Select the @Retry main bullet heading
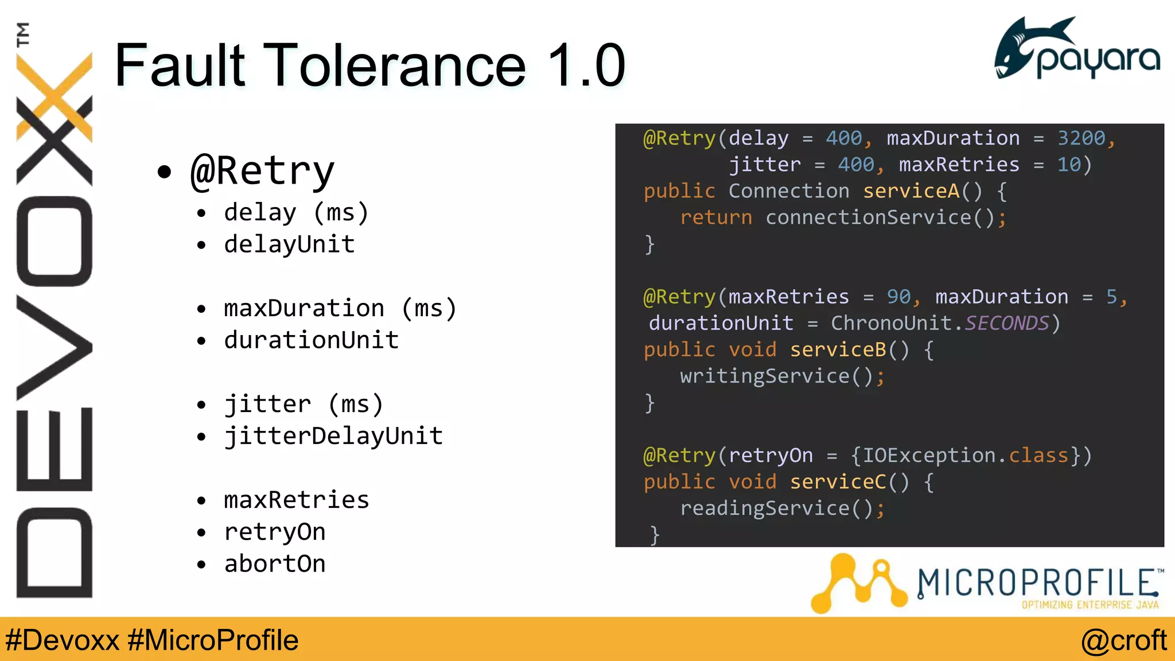[x=262, y=171]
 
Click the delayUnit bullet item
[x=289, y=244]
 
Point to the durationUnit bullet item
[x=311, y=340]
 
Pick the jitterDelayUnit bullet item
[x=333, y=436]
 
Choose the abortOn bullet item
[x=275, y=564]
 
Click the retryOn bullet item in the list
[x=275, y=532]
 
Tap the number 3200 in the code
[x=1081, y=138]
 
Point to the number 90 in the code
[x=898, y=297]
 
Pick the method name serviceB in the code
[x=838, y=349]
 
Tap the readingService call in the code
[x=764, y=508]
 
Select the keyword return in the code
[x=715, y=217]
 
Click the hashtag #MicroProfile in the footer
[x=213, y=640]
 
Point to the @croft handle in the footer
[x=1123, y=640]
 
